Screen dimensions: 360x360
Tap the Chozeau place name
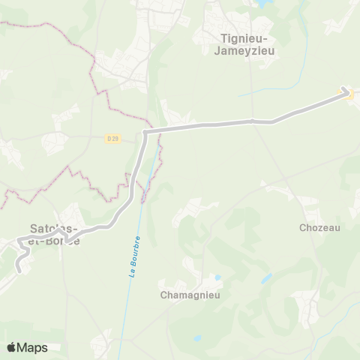[x=319, y=227]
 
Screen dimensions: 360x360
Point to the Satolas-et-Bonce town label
[x=54, y=233]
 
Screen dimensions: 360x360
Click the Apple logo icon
[x=11, y=347]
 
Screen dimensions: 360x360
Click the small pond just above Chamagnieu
[x=217, y=277]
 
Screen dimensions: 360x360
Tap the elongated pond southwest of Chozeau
[x=266, y=279]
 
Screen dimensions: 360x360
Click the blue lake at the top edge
[x=264, y=4]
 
